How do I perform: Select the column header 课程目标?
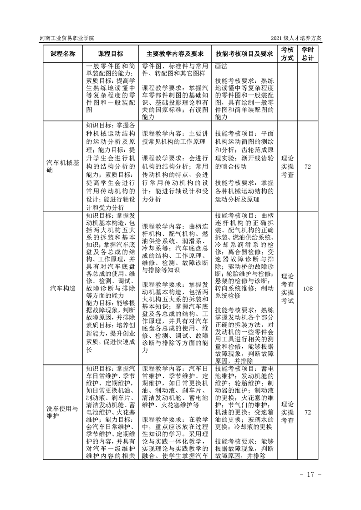111,53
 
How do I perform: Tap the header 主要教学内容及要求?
175,53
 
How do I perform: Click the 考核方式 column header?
287,53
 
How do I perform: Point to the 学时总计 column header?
308,53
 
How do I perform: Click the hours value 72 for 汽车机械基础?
308,167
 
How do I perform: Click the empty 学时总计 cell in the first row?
308,91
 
